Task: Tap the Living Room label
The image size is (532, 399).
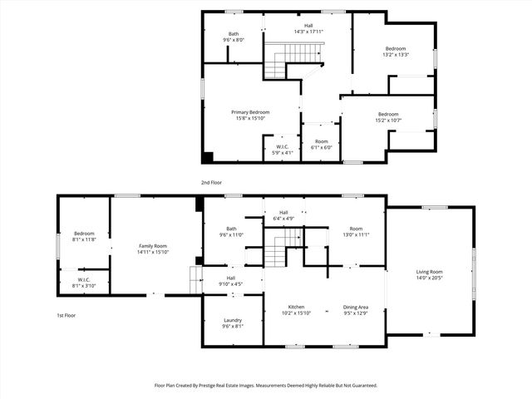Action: (x=430, y=272)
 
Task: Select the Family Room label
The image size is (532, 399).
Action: (x=153, y=246)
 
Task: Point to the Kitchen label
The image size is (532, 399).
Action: (x=297, y=308)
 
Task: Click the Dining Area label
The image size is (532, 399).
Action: (x=356, y=308)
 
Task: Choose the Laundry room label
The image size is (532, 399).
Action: (x=232, y=321)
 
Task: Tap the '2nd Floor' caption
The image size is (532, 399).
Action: (x=211, y=181)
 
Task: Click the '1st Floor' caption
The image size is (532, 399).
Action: (x=66, y=316)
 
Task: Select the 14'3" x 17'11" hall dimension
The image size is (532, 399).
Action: (x=308, y=32)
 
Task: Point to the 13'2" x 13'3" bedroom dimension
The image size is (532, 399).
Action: (x=396, y=54)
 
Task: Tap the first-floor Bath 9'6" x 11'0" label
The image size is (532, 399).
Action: (x=231, y=235)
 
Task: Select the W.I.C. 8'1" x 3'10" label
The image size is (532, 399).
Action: (x=84, y=285)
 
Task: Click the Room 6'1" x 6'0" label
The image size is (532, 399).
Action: (x=320, y=147)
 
